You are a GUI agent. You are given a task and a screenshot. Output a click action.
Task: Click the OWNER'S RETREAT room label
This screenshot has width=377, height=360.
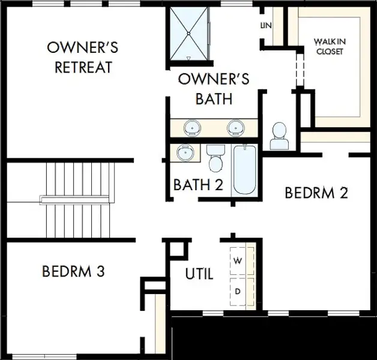83,57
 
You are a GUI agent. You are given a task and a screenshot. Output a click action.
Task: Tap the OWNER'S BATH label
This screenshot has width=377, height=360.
214,88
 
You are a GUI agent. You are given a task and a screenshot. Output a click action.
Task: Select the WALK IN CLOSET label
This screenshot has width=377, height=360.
328,46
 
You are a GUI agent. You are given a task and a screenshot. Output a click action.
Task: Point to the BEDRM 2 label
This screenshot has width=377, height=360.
316,193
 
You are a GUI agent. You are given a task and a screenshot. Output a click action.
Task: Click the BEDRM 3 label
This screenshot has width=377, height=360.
73,272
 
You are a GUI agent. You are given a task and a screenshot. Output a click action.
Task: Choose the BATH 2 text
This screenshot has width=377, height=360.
198,185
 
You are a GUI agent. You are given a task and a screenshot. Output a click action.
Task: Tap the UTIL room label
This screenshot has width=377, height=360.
199,275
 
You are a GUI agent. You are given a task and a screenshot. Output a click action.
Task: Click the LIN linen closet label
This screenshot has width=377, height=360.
265,26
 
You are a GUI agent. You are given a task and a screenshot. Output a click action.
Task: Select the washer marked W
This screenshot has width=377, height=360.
238,261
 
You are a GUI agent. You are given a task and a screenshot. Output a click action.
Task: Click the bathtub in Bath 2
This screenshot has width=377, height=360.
245,169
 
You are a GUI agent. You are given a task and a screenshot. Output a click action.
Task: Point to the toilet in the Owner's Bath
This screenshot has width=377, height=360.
279,137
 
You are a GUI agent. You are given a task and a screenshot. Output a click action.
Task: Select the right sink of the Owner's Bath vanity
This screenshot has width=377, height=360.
235,128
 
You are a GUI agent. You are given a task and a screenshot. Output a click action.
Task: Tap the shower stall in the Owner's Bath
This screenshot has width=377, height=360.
188,34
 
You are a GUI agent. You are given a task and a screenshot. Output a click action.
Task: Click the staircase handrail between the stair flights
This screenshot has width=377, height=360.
76,199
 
